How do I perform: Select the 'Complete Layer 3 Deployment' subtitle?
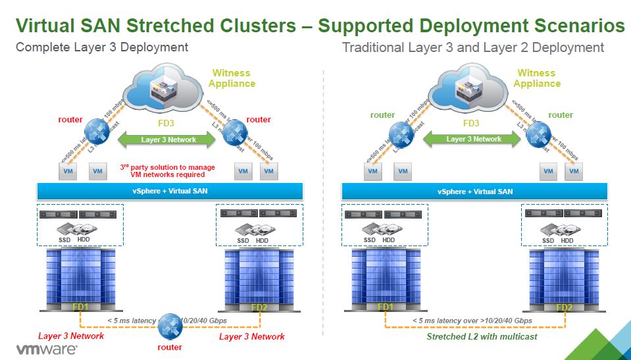pos(101,47)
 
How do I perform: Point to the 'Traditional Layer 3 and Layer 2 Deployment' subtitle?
pos(472,47)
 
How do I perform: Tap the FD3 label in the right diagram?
pos(471,122)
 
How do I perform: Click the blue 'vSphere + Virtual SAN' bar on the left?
pos(170,191)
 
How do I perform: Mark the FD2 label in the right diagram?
pos(564,307)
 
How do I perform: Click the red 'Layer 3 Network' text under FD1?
pos(71,336)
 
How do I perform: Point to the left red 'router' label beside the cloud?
pos(70,119)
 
